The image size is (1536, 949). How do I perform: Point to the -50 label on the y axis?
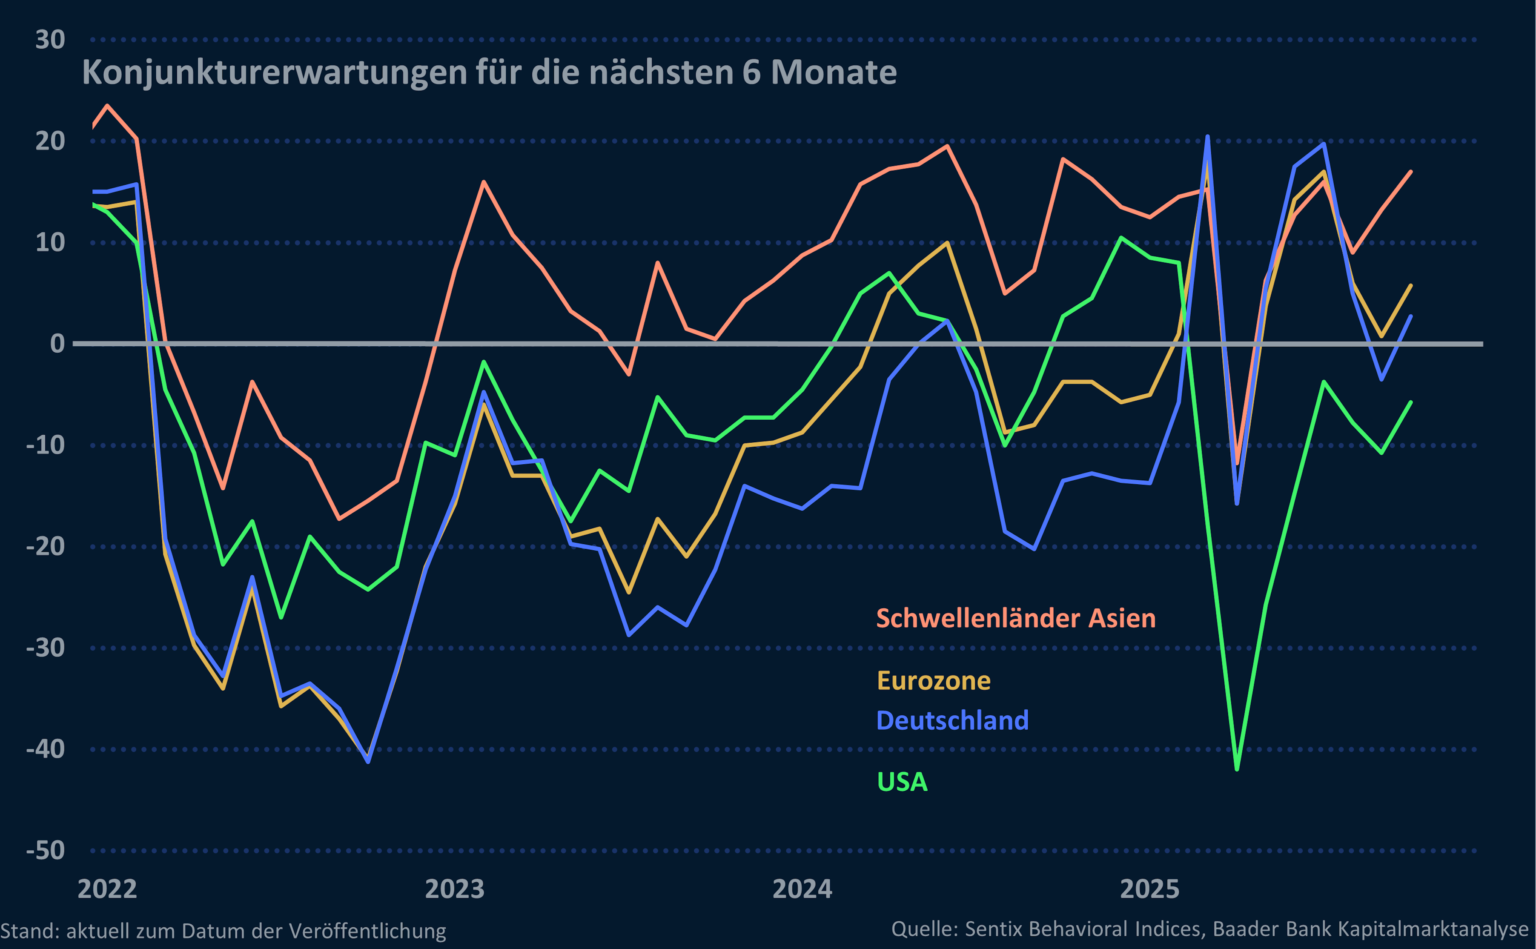click(45, 851)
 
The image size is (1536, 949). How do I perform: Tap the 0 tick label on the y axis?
click(57, 344)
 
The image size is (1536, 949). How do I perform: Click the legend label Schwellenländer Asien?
click(1016, 619)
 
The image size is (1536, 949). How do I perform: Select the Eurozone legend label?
click(934, 681)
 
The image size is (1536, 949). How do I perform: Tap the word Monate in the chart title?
click(834, 73)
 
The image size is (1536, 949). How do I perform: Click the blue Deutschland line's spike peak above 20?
click(1208, 137)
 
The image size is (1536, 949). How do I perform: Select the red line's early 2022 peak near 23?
click(107, 106)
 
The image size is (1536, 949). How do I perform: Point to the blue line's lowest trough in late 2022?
click(368, 761)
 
